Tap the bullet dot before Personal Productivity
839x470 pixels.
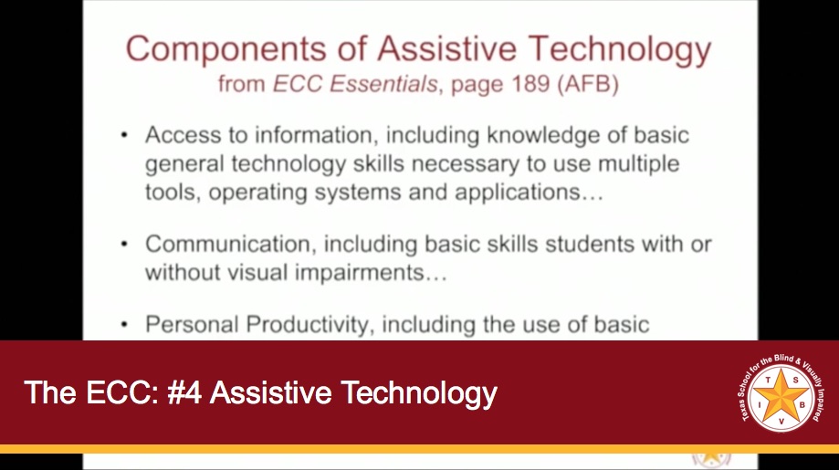125,324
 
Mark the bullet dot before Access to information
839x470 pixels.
125,136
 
